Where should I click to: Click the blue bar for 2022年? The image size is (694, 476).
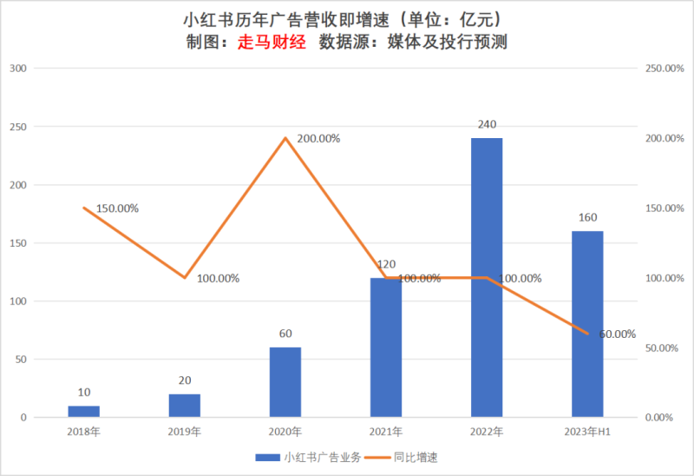(487, 278)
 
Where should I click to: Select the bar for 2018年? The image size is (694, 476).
(84, 411)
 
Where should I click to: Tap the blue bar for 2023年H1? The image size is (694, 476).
(587, 324)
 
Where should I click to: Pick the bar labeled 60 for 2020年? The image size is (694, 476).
(285, 382)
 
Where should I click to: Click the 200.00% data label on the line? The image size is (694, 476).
(318, 138)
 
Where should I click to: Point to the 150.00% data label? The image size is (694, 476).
(117, 208)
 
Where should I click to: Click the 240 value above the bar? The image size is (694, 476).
(487, 124)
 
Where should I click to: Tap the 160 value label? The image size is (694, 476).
(587, 217)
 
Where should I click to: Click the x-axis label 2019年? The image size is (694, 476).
(185, 432)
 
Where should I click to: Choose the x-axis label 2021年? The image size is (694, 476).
(386, 432)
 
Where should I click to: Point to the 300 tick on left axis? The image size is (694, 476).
(18, 69)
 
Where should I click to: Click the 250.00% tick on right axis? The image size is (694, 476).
(662, 69)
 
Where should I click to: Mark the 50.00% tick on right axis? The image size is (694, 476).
(662, 348)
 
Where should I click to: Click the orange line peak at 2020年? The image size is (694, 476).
(285, 138)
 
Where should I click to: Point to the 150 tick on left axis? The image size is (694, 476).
(18, 243)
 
